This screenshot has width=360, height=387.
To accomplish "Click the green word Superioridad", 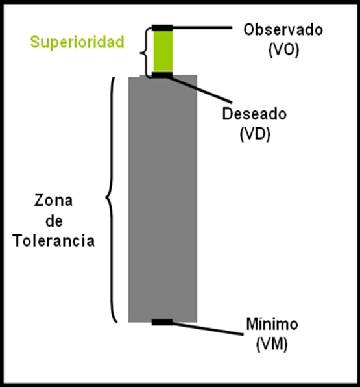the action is point(77,43).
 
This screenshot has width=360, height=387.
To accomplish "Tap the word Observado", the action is point(283,30).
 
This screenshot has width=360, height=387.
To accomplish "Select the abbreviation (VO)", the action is point(283,51).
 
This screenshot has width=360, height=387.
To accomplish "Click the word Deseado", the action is point(254,114).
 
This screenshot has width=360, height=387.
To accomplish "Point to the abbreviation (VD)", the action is point(255,134).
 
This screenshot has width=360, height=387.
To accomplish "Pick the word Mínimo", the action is point(272,324).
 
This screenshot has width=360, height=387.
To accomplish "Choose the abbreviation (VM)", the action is point(272,344).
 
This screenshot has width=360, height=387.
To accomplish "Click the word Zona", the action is point(53,201).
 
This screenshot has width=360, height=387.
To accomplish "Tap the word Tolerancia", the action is point(54,241).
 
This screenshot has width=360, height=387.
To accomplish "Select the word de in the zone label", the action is point(54,221).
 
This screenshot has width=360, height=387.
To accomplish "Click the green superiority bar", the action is point(163,51).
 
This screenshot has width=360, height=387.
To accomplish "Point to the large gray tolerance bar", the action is point(163,199).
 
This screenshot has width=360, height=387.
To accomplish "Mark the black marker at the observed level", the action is point(162,28).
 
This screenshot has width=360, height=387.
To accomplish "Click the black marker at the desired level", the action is point(162,75).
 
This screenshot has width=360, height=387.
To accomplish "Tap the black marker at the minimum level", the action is point(162,322).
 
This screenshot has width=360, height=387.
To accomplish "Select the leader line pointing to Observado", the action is point(202,28).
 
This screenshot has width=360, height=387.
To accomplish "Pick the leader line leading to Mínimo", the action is point(208,329).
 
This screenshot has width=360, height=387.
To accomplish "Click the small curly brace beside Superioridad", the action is point(145,53).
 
